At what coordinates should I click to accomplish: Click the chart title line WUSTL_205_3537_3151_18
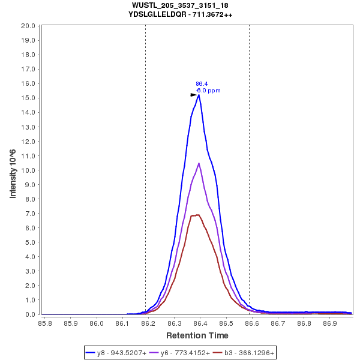point(180,5)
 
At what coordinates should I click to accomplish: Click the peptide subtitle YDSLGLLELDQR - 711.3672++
point(180,14)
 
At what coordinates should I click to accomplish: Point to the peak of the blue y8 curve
point(199,95)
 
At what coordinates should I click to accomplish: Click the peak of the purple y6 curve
point(199,163)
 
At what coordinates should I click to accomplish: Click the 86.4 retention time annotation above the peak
point(202,84)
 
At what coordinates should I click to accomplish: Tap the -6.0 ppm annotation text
point(208,91)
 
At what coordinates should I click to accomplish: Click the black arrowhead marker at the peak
point(194,95)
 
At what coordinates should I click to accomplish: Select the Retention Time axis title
point(197,335)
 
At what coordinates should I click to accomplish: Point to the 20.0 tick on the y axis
point(28,26)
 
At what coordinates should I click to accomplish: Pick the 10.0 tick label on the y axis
point(28,170)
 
